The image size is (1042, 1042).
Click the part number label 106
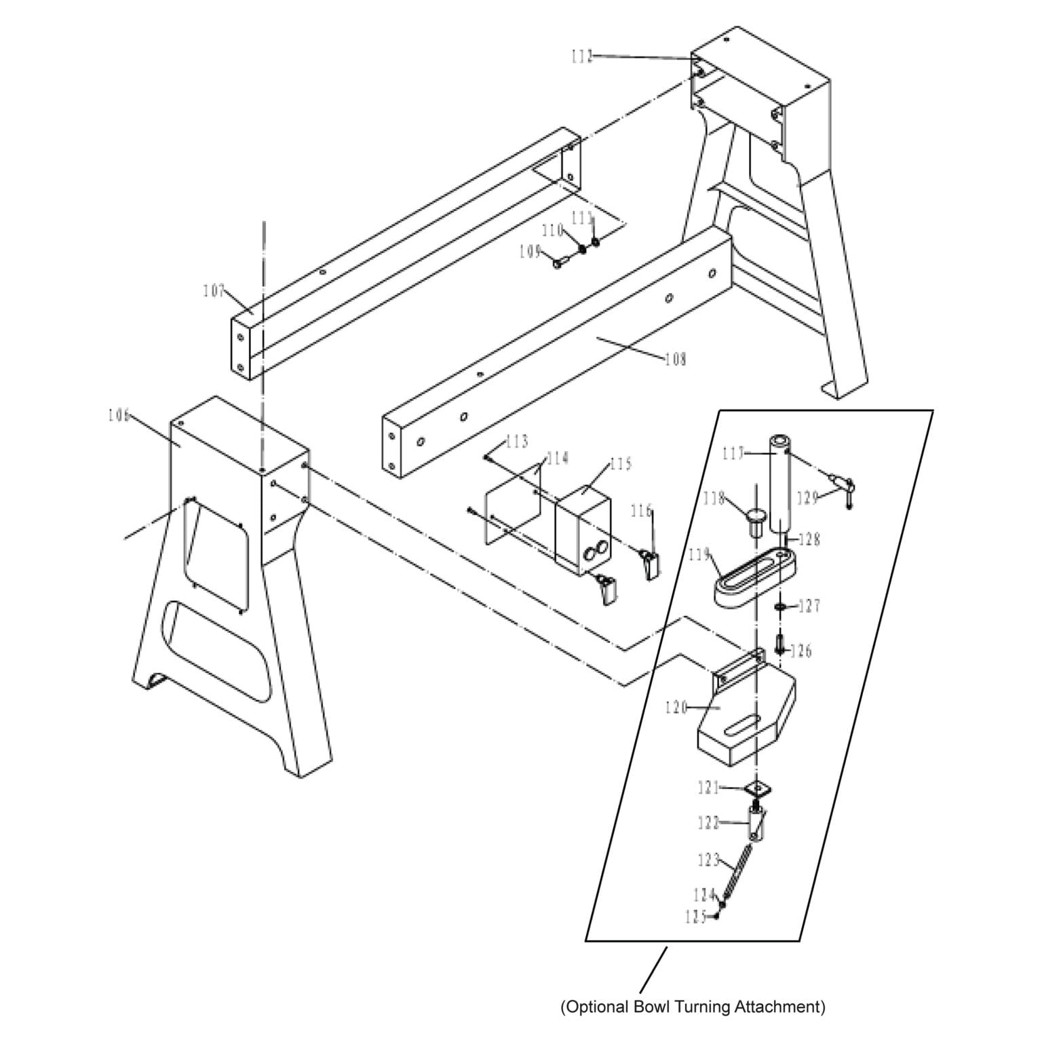pos(118,415)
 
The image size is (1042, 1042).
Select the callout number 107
pos(214,291)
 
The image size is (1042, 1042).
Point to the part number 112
pos(582,56)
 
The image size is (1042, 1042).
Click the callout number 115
pos(620,464)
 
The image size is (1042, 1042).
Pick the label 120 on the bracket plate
pos(676,708)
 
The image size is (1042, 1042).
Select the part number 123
pos(708,860)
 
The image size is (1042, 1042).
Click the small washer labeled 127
pos(781,604)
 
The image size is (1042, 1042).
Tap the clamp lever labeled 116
pos(651,563)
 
